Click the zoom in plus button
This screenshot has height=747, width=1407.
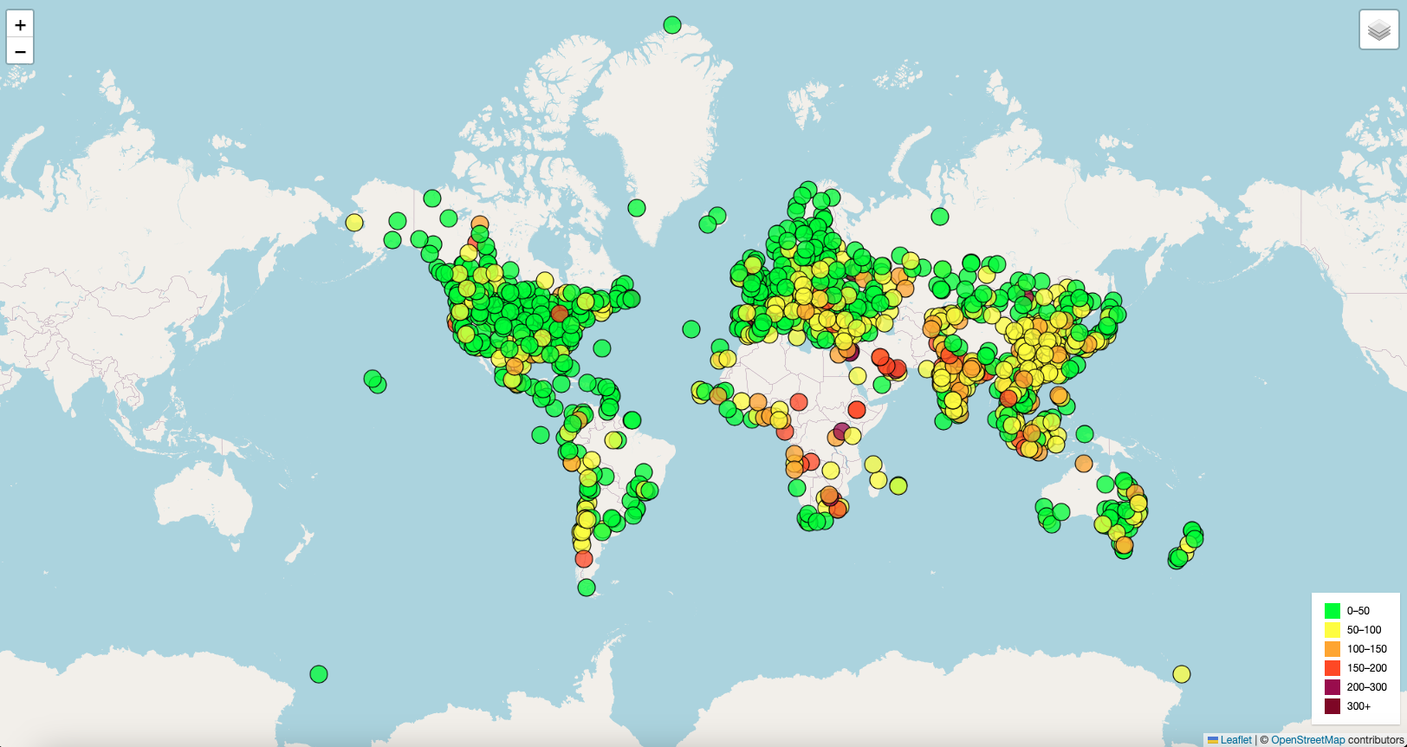pyautogui.click(x=20, y=24)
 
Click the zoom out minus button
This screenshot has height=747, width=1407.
pyautogui.click(x=20, y=51)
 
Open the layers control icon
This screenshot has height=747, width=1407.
pyautogui.click(x=1378, y=30)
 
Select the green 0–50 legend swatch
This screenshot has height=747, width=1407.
pyautogui.click(x=1332, y=611)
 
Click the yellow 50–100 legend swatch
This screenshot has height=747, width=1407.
pyautogui.click(x=1332, y=630)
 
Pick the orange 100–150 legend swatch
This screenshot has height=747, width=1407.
pyautogui.click(x=1332, y=649)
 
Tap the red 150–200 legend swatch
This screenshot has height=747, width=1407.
pyautogui.click(x=1332, y=668)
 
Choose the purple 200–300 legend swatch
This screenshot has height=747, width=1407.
pyautogui.click(x=1332, y=687)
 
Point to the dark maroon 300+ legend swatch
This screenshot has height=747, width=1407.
pyautogui.click(x=1332, y=706)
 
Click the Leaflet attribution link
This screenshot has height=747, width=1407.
pyautogui.click(x=1235, y=740)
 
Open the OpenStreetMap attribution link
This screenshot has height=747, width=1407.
pyautogui.click(x=1307, y=740)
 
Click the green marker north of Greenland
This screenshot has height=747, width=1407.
pyautogui.click(x=672, y=25)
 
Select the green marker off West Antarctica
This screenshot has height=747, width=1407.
pyautogui.click(x=319, y=674)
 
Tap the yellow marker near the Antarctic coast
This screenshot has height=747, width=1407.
pyautogui.click(x=1182, y=674)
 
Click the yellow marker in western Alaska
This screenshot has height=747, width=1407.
pyautogui.click(x=354, y=223)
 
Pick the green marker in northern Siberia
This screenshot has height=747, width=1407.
pyautogui.click(x=940, y=217)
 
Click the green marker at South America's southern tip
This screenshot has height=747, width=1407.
pyautogui.click(x=587, y=588)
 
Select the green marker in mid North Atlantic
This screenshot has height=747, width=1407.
pyautogui.click(x=691, y=329)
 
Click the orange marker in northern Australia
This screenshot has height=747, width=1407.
pyautogui.click(x=1084, y=464)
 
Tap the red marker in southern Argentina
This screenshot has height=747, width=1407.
pyautogui.click(x=584, y=559)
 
